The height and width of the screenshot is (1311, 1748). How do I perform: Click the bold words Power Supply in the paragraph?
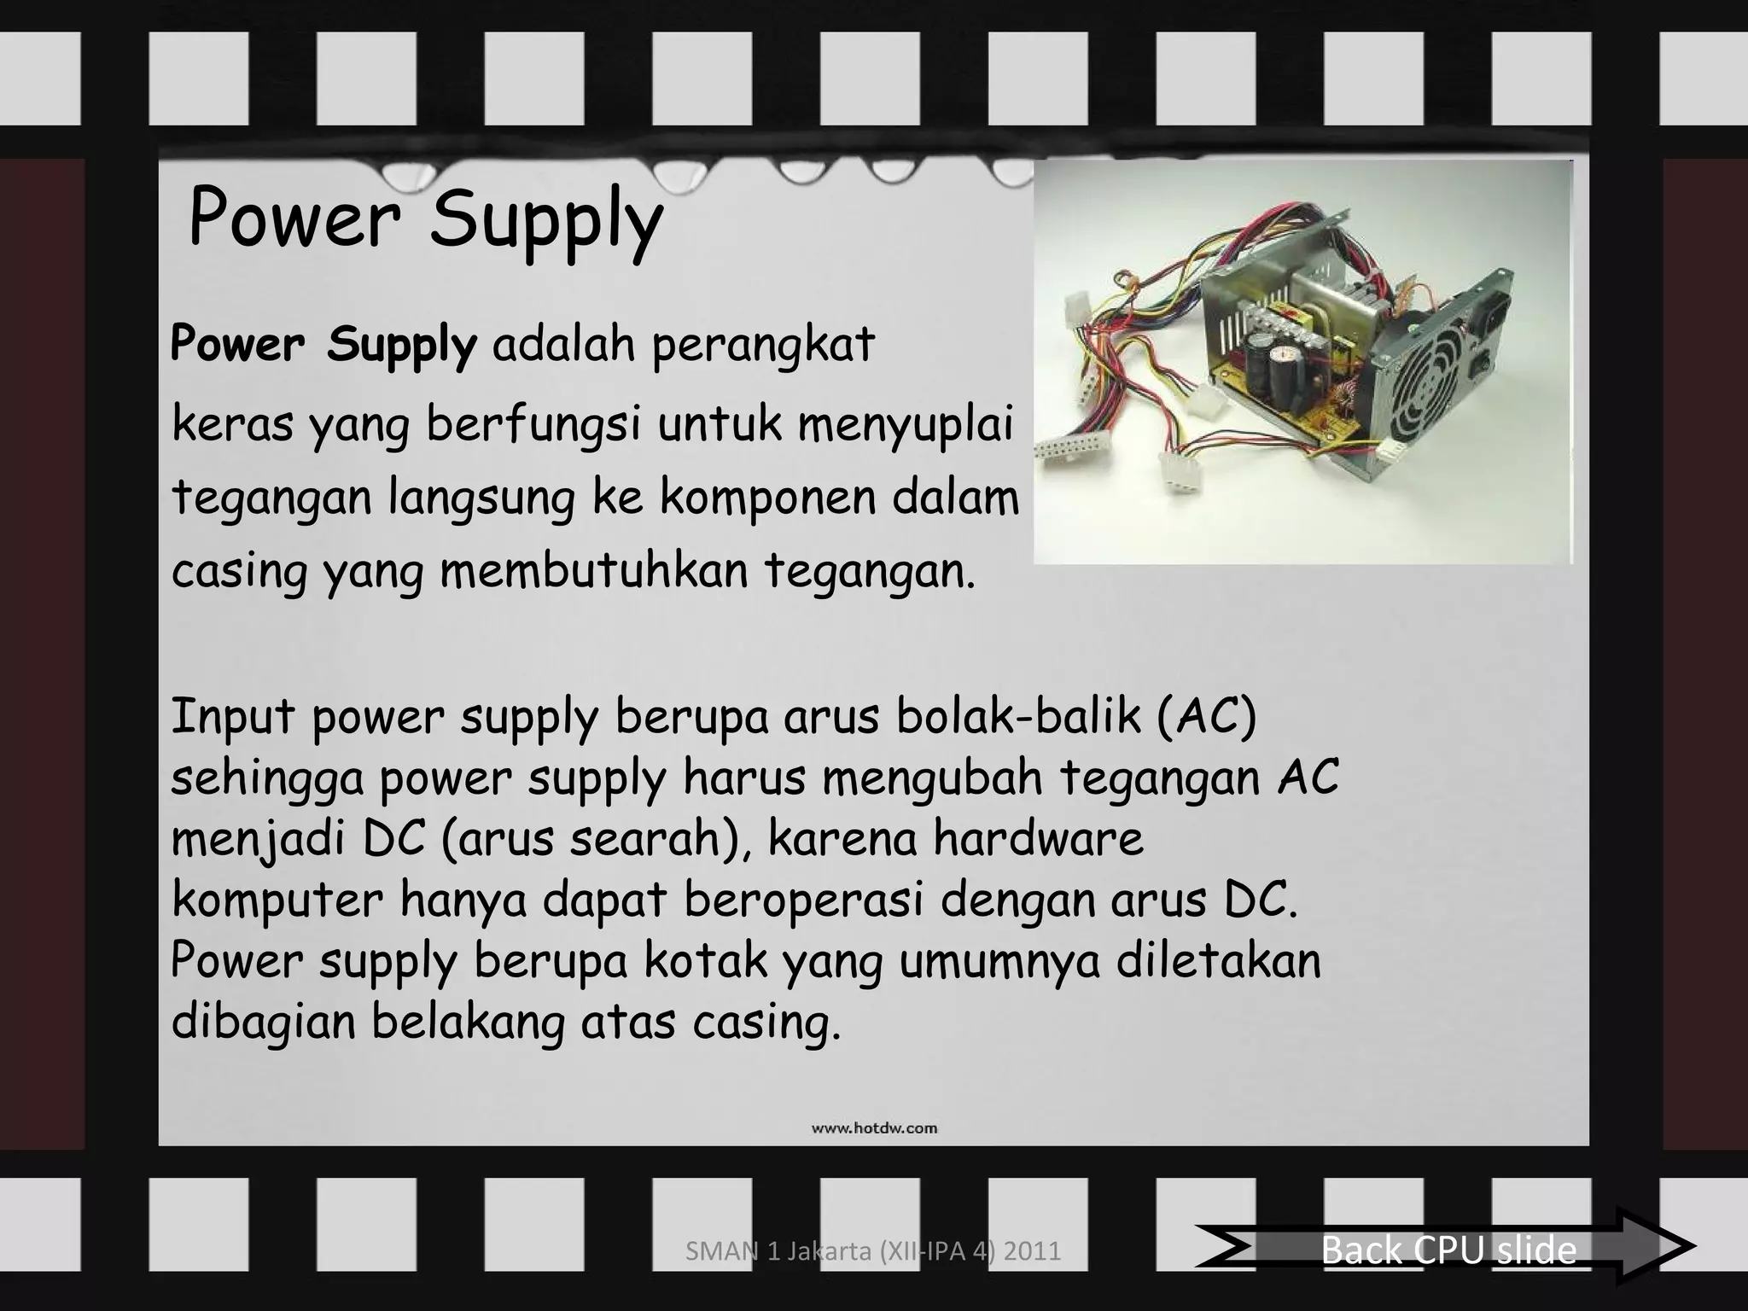click(323, 345)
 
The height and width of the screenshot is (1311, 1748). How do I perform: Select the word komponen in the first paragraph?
click(767, 498)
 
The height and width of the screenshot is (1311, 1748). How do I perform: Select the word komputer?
click(277, 900)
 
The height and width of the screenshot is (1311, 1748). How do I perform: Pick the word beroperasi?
click(803, 900)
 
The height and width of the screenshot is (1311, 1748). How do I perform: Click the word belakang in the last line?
click(468, 1022)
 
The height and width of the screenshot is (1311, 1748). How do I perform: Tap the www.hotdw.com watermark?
click(874, 1128)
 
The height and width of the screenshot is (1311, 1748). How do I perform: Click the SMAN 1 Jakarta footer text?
click(873, 1251)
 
